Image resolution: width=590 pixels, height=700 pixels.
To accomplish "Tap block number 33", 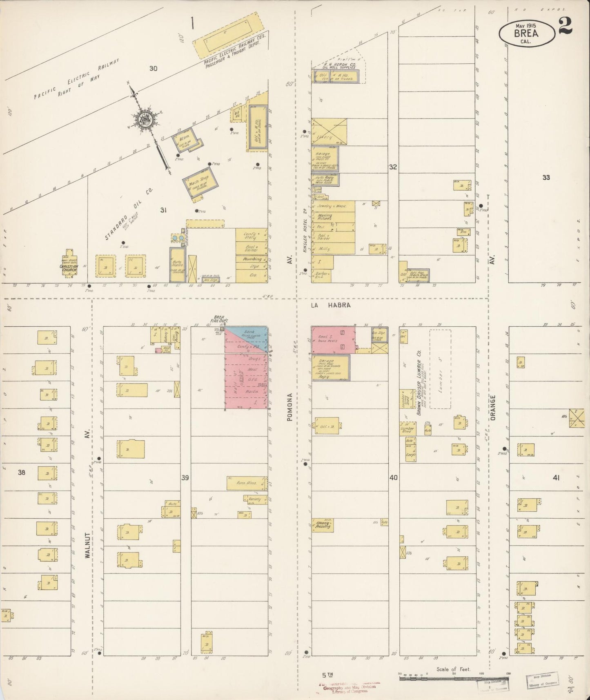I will point(546,177).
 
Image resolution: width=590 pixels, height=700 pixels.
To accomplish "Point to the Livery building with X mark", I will point(329,132).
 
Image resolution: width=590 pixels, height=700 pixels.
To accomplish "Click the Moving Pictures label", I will point(325,217).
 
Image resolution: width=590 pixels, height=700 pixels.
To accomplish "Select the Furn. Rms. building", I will point(247,483).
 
